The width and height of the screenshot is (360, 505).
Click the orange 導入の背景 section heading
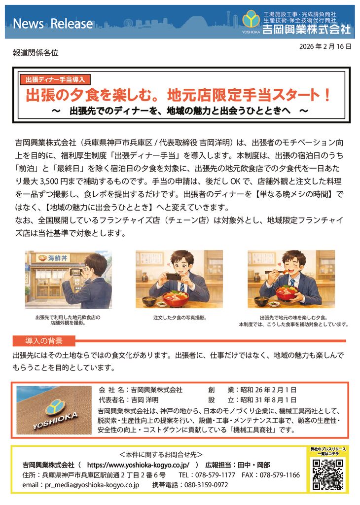coord(44,341)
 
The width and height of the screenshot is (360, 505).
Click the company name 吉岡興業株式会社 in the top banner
coord(306,30)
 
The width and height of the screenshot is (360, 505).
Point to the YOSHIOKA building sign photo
coord(54,410)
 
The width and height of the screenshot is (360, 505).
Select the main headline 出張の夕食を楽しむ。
coord(94,94)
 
